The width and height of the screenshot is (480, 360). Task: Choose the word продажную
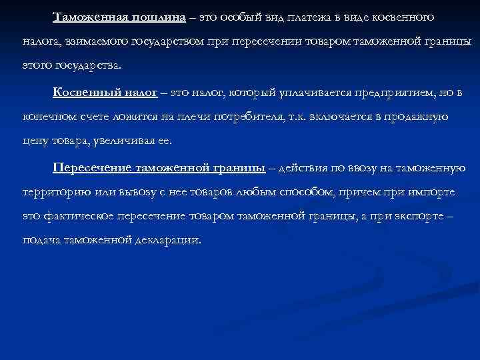[x=413, y=116]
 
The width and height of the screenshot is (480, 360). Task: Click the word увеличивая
[x=116, y=141]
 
